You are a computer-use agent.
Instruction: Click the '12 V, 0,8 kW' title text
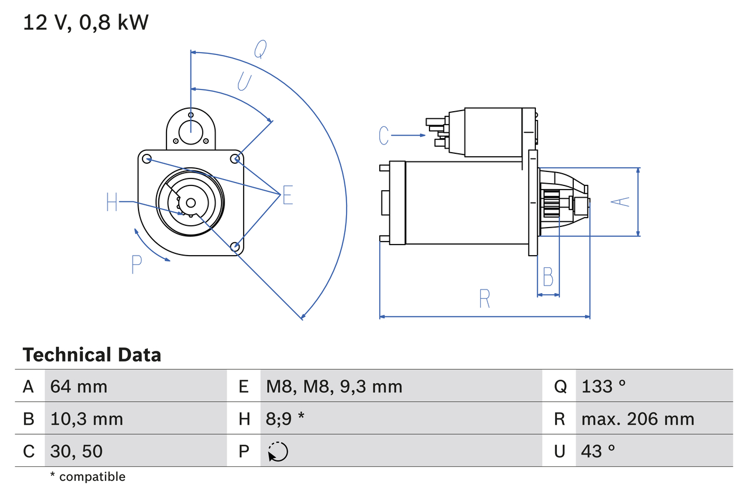coord(86,23)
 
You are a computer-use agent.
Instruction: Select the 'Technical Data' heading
coord(92,355)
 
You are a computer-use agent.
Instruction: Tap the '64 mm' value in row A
coord(79,386)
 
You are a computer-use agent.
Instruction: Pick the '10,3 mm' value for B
coord(86,419)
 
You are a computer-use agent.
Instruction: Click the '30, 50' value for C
coord(77,451)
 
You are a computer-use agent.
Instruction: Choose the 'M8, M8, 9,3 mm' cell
coord(334,386)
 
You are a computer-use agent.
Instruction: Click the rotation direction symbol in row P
coord(278,452)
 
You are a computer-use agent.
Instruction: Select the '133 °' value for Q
coord(604,386)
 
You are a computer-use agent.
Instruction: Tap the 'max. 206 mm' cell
coord(638,419)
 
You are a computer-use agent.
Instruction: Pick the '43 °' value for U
coord(598,451)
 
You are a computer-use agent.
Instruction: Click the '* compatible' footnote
coord(88,477)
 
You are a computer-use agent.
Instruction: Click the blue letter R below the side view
coord(484,299)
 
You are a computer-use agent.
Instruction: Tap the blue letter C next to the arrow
coord(383,136)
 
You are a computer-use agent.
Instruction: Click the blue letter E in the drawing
coord(288,195)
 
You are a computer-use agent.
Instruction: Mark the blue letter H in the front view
coord(112,202)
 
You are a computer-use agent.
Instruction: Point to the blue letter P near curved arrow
coord(136,265)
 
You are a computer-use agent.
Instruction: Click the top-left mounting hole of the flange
coord(147,159)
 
